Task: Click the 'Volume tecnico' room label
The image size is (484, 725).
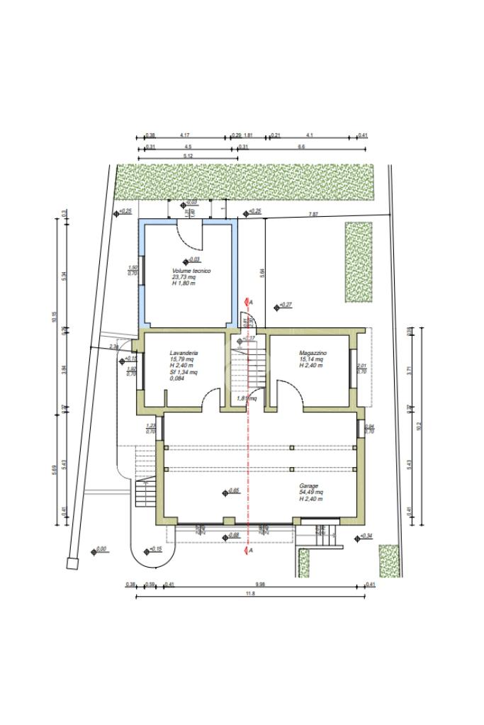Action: [x=191, y=271]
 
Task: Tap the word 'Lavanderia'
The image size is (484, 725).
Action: [x=184, y=352]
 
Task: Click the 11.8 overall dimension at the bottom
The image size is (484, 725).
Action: [x=249, y=593]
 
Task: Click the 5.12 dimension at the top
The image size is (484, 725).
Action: [x=188, y=155]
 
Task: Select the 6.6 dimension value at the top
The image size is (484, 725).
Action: [x=301, y=147]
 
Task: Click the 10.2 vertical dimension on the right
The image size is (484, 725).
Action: [x=419, y=425]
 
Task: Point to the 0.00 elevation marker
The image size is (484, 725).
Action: [x=100, y=549]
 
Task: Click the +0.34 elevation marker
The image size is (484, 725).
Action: [x=366, y=536]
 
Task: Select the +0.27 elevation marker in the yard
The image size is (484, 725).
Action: [x=285, y=305]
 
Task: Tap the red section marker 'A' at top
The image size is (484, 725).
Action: [x=252, y=302]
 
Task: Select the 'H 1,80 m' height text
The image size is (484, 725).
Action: [x=183, y=283]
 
